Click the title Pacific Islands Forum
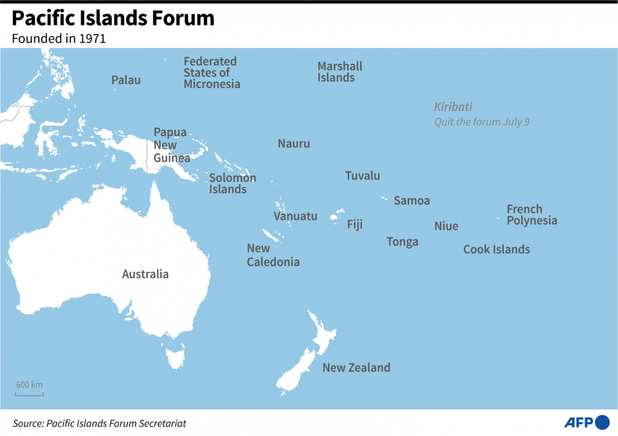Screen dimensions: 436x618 tap(113, 18)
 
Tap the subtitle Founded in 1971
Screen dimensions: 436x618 tap(59, 39)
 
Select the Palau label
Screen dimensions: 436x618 tap(126, 80)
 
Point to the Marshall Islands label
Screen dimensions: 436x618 tap(340, 72)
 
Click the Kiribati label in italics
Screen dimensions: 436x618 tap(453, 107)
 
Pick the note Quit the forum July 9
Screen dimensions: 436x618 tap(481, 122)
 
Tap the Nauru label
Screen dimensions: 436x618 tap(293, 144)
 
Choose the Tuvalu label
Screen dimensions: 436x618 tap(362, 175)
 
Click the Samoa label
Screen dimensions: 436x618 tap(412, 201)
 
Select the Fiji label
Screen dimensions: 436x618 tap(354, 224)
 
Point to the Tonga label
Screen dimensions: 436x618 tap(402, 242)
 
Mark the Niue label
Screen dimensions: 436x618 tap(446, 226)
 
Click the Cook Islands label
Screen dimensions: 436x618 tap(496, 249)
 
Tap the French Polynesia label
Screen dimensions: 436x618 tap(532, 215)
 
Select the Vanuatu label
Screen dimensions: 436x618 tap(295, 216)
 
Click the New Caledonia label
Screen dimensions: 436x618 tap(273, 255)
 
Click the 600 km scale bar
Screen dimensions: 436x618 tap(29, 394)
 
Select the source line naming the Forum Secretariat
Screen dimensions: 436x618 tap(99, 423)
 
